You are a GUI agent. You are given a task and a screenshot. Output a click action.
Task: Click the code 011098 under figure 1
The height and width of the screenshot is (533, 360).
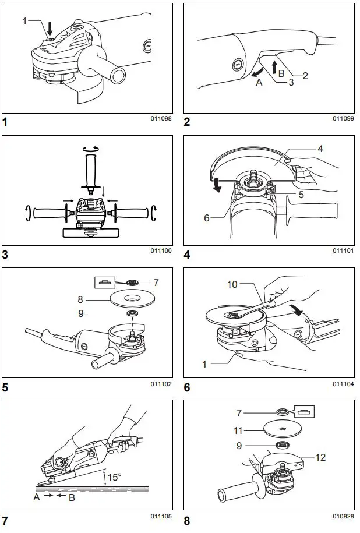[161, 118]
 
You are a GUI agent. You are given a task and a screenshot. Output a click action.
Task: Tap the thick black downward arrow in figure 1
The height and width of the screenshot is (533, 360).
[50, 27]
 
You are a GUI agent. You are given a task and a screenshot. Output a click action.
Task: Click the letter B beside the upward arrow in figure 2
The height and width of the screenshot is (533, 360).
[281, 73]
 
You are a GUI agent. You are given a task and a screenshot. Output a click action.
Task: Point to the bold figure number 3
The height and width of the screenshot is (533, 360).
[5, 255]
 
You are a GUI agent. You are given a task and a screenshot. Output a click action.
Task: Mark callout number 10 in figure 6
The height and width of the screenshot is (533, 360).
[232, 284]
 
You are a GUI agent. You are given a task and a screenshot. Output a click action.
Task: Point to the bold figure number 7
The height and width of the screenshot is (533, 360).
[5, 520]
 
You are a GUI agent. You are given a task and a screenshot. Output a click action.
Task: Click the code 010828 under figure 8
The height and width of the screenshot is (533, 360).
[343, 516]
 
